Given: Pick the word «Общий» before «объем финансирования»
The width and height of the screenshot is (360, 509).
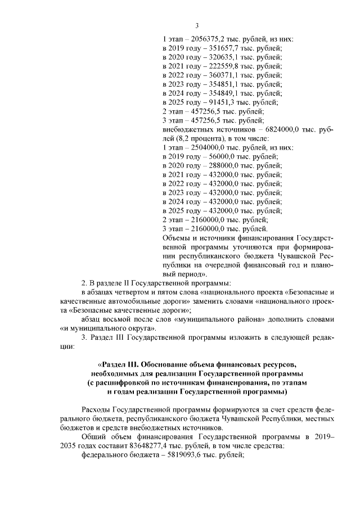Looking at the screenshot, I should pyautogui.click(x=93, y=436).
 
